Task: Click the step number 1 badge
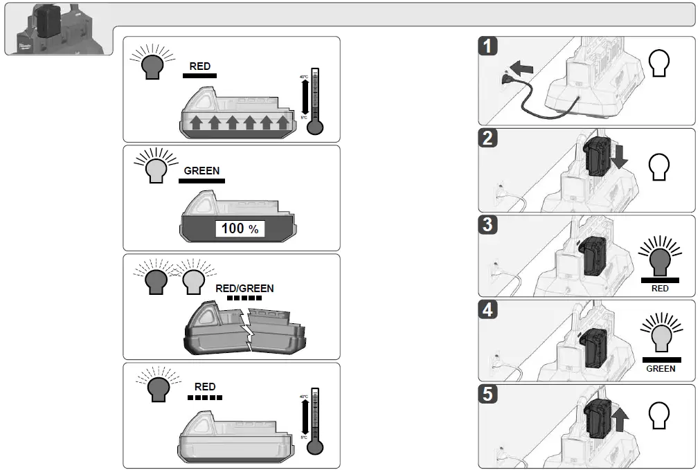tap(489, 47)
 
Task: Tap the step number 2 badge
tap(489, 138)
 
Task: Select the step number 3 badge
tap(489, 226)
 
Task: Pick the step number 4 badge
tap(489, 309)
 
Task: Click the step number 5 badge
tap(489, 395)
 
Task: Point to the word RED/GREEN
tap(245, 289)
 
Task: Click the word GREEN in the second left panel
tap(201, 170)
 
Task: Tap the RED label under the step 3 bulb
tap(660, 289)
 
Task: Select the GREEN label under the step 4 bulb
tap(661, 369)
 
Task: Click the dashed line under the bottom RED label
tap(205, 398)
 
